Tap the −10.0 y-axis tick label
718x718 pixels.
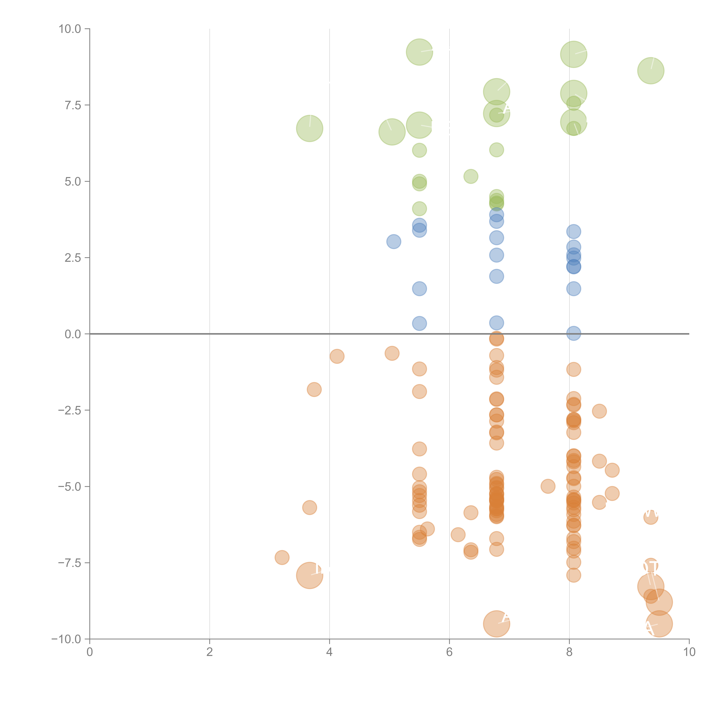(66, 639)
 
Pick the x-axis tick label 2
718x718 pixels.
(210, 652)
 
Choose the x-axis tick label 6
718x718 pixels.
(449, 652)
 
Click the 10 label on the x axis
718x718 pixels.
(689, 652)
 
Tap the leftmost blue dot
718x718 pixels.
(394, 242)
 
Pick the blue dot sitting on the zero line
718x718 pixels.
(573, 333)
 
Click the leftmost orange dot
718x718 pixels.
(282, 557)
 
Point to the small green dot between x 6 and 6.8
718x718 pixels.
(471, 176)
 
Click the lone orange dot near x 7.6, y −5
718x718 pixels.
(548, 486)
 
